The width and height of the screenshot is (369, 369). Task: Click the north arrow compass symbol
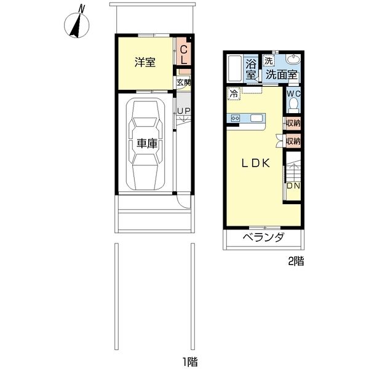coord(77,23)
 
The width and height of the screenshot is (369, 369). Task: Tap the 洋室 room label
coord(145,62)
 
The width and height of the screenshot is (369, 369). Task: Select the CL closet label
coord(184,55)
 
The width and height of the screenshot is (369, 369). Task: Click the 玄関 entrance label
coord(184,82)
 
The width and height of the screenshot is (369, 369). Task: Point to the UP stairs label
coord(183,111)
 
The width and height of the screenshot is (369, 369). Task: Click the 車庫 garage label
coord(147,143)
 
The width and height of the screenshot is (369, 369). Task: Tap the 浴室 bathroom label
coord(251,69)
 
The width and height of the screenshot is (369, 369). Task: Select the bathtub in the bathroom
coord(235,68)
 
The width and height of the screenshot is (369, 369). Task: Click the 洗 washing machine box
coord(269,61)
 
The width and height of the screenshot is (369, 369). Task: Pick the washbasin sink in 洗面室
coord(293,59)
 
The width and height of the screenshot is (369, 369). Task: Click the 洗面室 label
coord(282,75)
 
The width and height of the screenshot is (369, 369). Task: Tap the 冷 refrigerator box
coord(234,93)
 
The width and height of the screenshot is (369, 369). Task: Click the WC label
coord(293,93)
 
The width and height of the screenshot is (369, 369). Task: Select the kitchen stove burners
coord(236,118)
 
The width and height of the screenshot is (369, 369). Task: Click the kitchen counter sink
coord(256,118)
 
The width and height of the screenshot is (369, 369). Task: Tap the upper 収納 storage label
coord(293,123)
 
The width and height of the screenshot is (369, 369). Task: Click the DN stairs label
coord(293,186)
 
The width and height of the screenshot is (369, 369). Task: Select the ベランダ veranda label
coord(264,237)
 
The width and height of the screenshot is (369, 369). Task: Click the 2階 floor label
coord(296,261)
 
